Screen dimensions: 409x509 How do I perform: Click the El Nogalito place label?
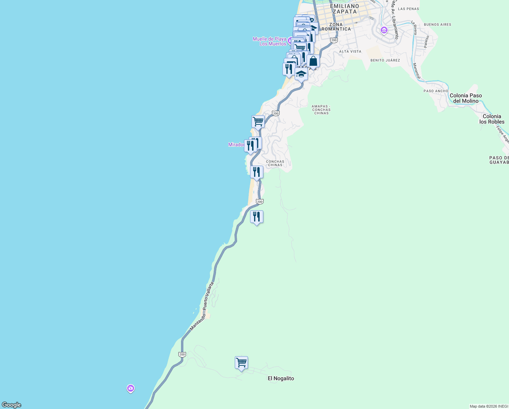click(x=281, y=378)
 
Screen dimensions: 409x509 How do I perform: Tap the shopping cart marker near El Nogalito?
click(x=241, y=363)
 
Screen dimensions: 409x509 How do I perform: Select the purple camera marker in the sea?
click(x=131, y=388)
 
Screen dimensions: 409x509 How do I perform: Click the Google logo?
click(x=12, y=405)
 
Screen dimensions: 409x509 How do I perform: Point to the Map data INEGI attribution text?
click(x=489, y=406)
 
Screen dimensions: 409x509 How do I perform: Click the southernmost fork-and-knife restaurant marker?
click(x=257, y=217)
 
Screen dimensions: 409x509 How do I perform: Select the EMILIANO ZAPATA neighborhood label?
click(x=345, y=9)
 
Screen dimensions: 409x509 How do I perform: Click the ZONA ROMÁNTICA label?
click(x=336, y=27)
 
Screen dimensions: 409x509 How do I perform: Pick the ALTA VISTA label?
click(x=350, y=51)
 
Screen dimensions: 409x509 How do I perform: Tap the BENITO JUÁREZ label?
click(x=385, y=60)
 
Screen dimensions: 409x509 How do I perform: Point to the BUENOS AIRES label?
click(x=438, y=25)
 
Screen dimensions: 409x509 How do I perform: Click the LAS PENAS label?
click(x=408, y=9)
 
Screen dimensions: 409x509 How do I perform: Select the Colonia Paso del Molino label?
click(x=465, y=98)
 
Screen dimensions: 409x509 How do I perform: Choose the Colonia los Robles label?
click(x=492, y=119)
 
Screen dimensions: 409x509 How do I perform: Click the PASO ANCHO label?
click(x=436, y=91)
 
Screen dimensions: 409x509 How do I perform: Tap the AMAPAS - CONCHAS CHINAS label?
click(x=321, y=110)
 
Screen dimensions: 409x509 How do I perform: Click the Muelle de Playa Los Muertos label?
click(x=269, y=41)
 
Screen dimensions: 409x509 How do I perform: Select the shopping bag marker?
click(x=313, y=61)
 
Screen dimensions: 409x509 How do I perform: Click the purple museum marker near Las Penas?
click(x=384, y=30)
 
